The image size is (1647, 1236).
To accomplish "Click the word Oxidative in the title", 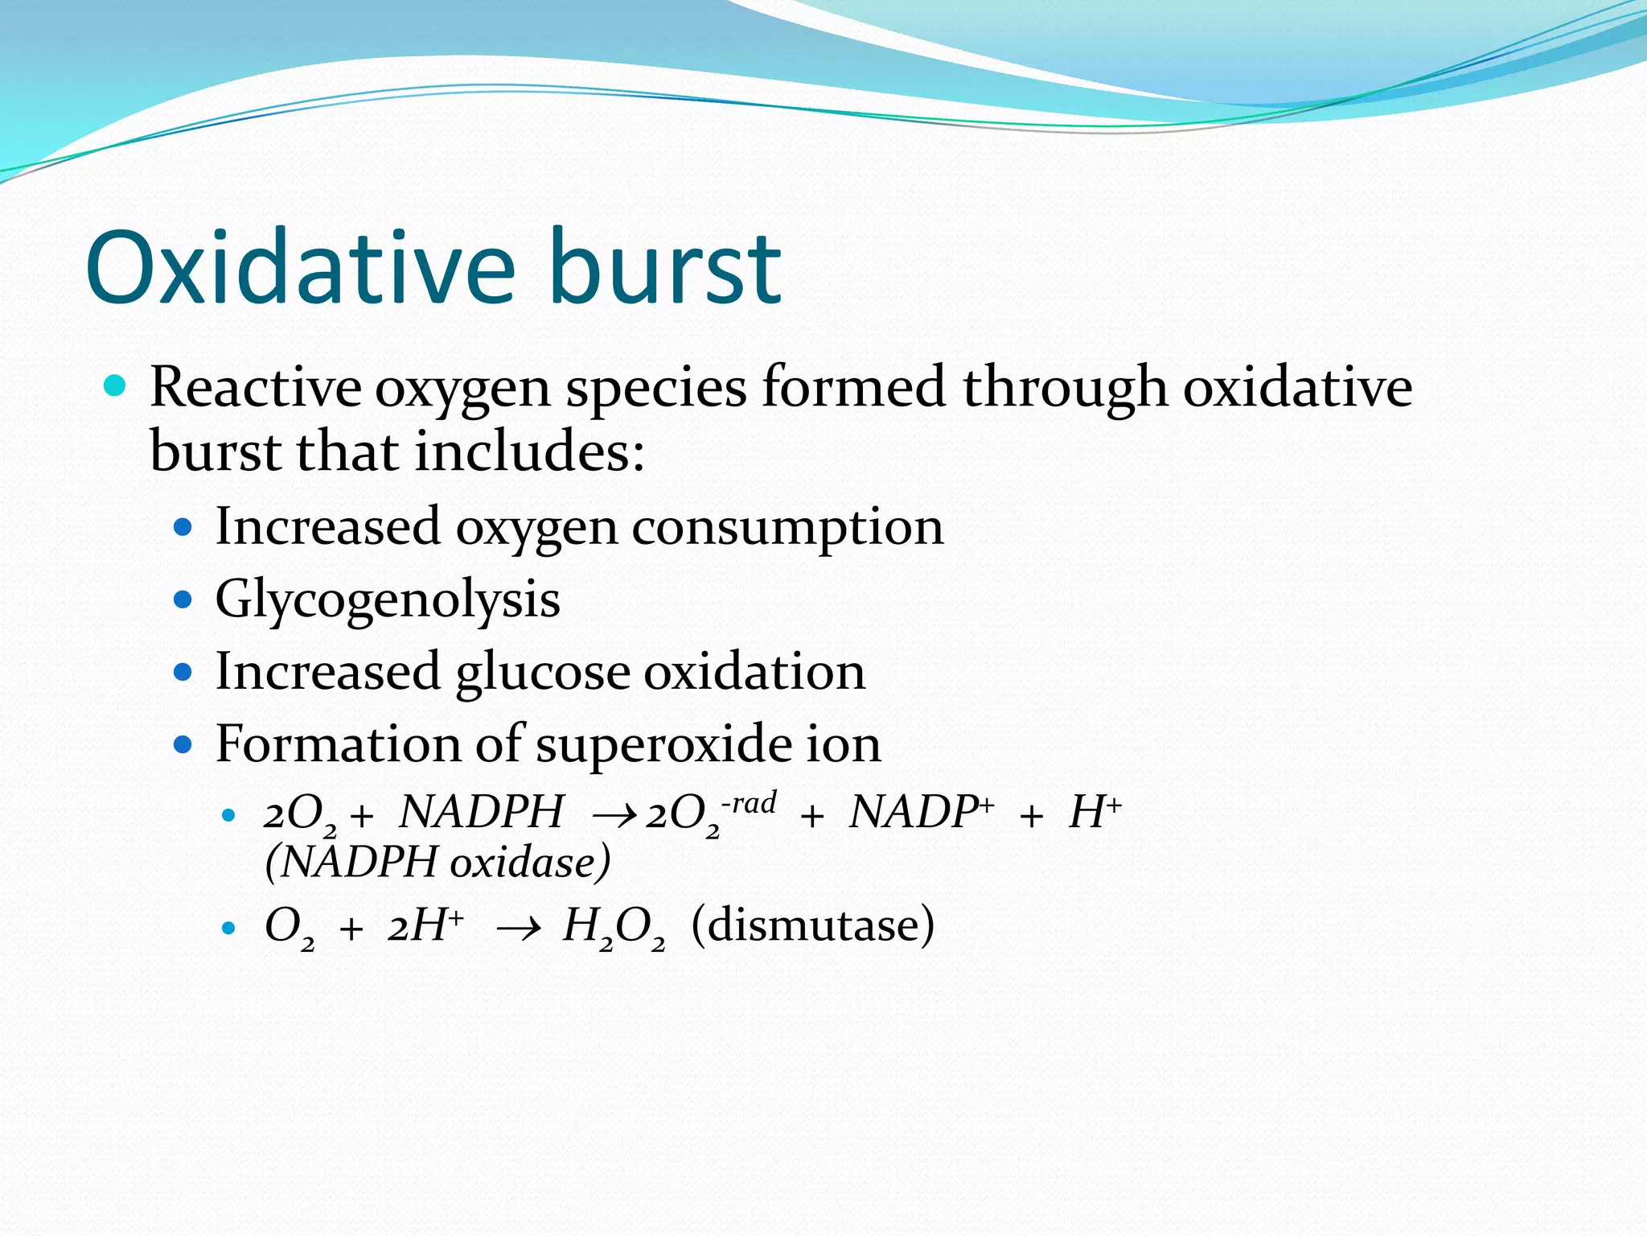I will (300, 268).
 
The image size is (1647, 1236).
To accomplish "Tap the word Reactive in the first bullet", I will (255, 388).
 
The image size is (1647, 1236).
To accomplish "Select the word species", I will (655, 388).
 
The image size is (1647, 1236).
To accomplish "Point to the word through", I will (1065, 388).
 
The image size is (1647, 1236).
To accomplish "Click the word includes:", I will (530, 451).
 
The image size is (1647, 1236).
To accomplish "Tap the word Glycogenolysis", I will (388, 600).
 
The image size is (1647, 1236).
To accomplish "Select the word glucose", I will (543, 672).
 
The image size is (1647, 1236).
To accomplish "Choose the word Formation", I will (338, 744).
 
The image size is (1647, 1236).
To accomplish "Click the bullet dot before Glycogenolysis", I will (183, 600).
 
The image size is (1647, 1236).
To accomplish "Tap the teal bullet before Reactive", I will (116, 386).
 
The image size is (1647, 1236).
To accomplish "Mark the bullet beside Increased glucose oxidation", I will (183, 672).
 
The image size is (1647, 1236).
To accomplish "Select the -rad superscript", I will (749, 802).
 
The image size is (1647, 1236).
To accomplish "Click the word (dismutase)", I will (812, 925).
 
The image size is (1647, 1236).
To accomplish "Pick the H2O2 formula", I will (614, 927).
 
